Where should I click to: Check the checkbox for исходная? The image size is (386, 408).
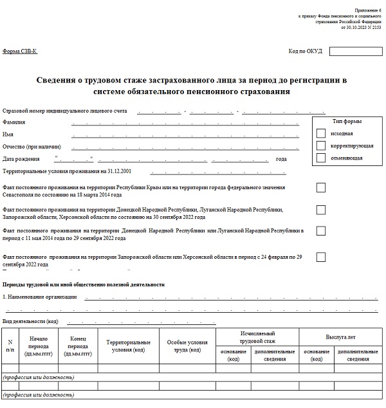pyautogui.click(x=321, y=133)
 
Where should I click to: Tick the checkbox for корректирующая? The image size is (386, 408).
pyautogui.click(x=321, y=145)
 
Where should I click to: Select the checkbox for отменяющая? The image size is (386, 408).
pyautogui.click(x=321, y=158)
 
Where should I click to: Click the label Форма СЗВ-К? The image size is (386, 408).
pyautogui.click(x=20, y=51)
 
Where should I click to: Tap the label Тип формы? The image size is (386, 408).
pyautogui.click(x=347, y=122)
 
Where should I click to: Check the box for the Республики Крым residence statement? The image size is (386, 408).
pyautogui.click(x=321, y=187)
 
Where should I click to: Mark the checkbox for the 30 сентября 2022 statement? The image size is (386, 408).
pyautogui.click(x=321, y=210)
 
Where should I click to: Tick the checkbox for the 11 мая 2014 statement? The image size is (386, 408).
pyautogui.click(x=321, y=230)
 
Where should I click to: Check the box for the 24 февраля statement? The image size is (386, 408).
pyautogui.click(x=321, y=257)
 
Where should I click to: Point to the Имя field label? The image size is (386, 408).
pyautogui.click(x=8, y=134)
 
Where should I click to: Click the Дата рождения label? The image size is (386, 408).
pyautogui.click(x=21, y=159)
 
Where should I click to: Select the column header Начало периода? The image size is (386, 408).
pyautogui.click(x=39, y=346)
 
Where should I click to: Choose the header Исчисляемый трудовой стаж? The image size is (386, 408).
pyautogui.click(x=257, y=337)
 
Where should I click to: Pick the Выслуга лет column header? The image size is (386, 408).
pyautogui.click(x=341, y=337)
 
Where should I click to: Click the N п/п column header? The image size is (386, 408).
pyautogui.click(x=10, y=346)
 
